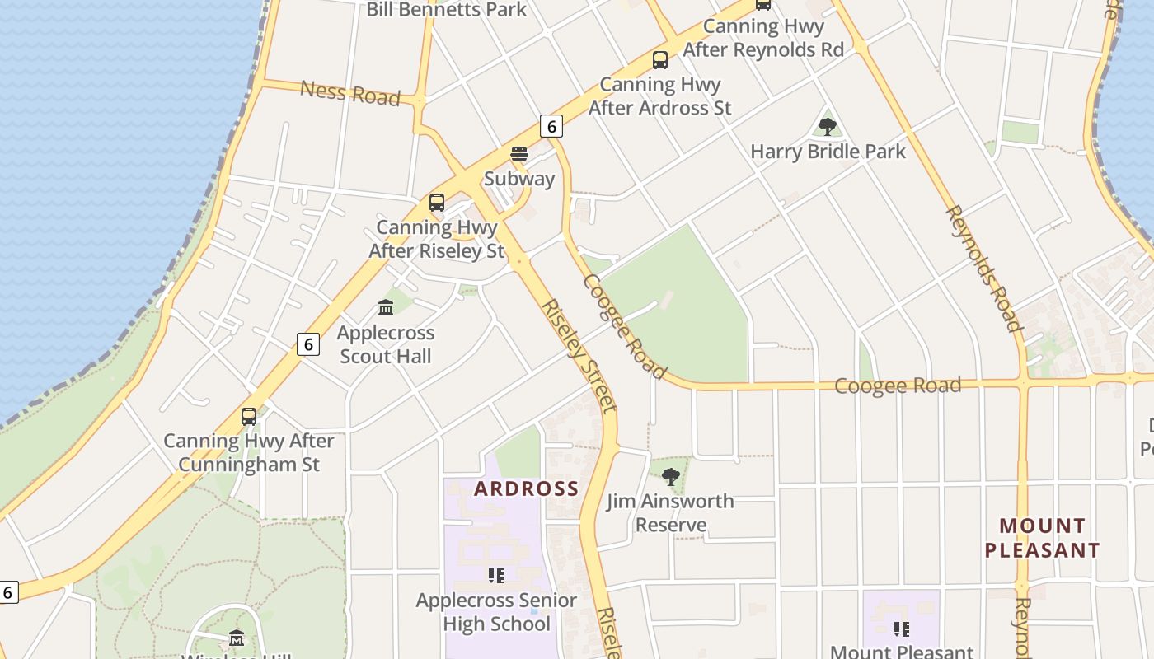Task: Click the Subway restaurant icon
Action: (518, 154)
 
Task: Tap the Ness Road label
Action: (349, 92)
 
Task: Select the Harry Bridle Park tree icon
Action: (827, 127)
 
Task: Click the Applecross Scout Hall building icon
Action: (385, 308)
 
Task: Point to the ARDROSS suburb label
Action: (527, 488)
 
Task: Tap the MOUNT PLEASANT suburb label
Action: (1043, 538)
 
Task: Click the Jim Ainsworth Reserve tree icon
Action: (671, 476)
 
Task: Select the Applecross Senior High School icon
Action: (495, 576)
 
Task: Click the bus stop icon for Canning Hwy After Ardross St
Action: (659, 59)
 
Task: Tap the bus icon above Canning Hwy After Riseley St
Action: (437, 203)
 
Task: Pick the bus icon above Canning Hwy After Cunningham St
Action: (249, 417)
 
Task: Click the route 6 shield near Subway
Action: (551, 126)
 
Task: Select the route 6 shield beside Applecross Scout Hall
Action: (308, 344)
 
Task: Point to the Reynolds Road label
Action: (983, 269)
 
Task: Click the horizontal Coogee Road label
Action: (898, 386)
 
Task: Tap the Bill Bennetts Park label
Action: (446, 10)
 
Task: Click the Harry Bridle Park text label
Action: (828, 152)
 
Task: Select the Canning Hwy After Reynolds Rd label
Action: (763, 38)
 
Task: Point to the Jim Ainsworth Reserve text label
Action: (670, 513)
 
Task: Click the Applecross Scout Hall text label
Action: (386, 345)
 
